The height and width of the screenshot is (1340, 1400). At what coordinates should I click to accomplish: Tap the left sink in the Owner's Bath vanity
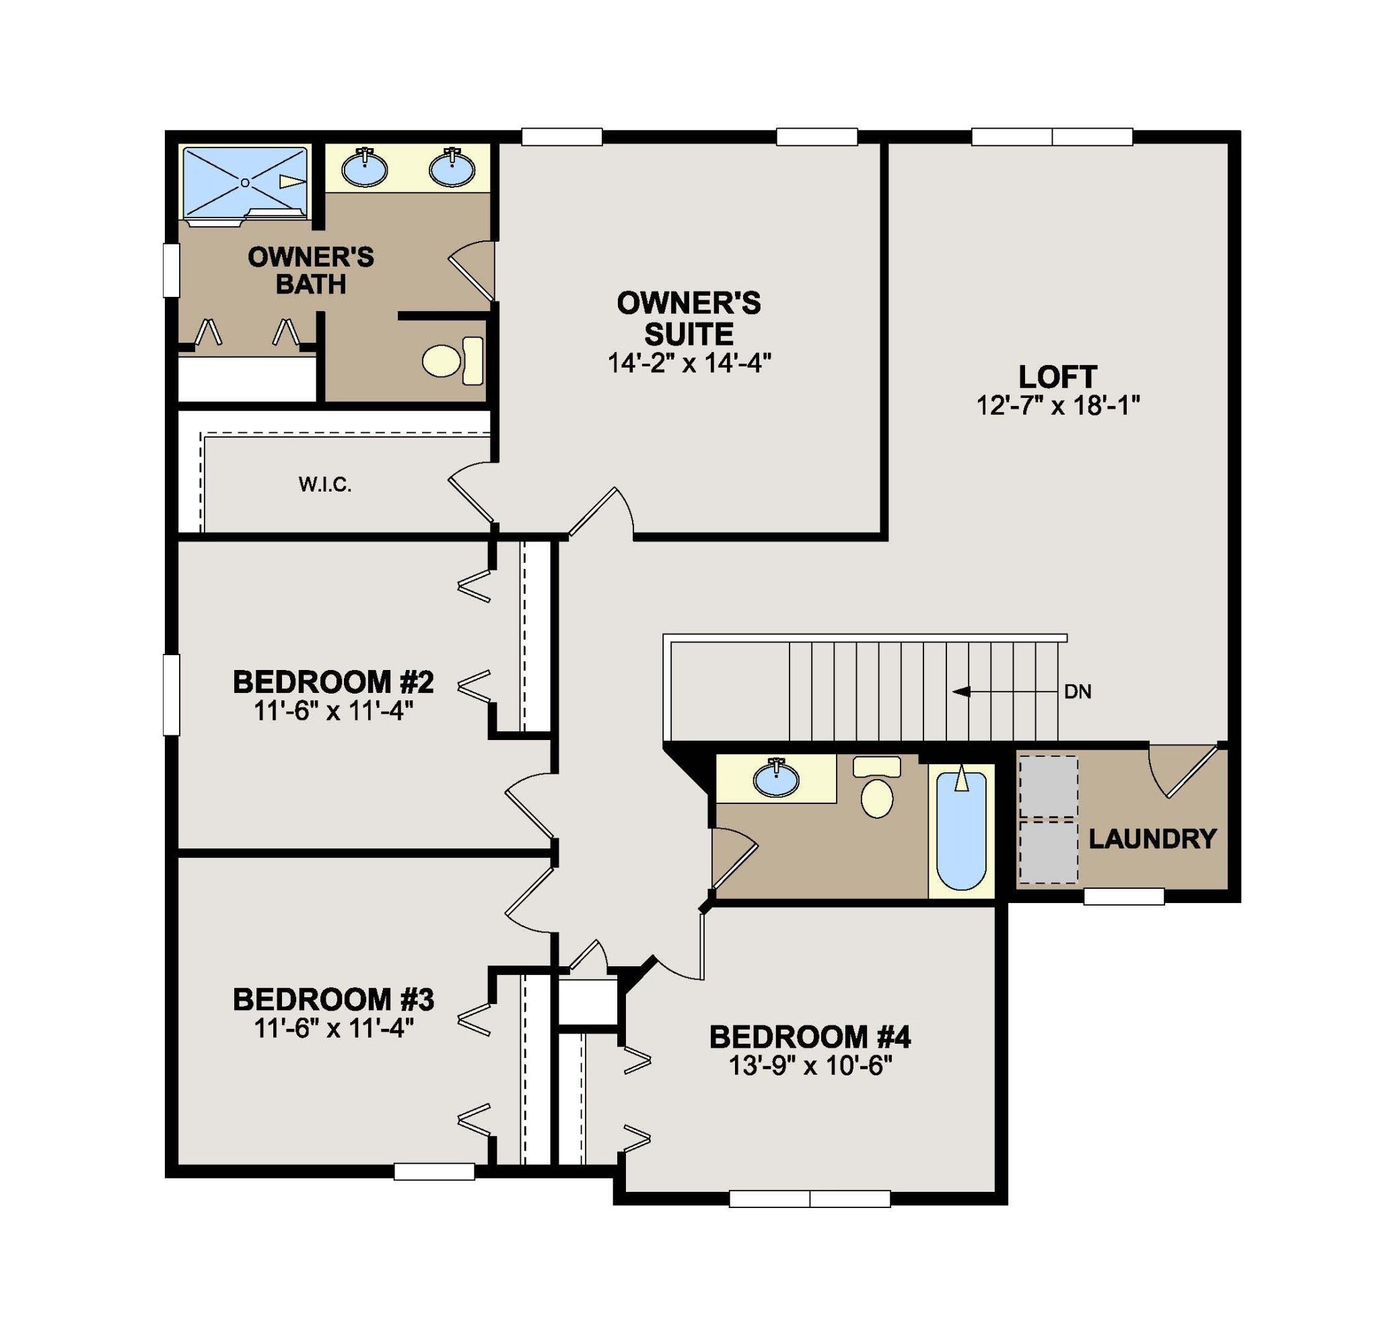(x=364, y=169)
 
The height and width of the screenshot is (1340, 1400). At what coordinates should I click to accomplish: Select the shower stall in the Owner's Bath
(x=244, y=183)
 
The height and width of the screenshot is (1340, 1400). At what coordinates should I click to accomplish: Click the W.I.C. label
(x=325, y=485)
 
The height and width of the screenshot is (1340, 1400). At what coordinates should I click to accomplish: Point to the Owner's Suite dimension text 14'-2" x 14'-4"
(x=689, y=364)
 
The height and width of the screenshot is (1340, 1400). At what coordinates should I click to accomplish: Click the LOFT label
(x=1057, y=376)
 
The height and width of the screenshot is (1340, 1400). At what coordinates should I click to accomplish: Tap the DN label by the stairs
(x=1078, y=692)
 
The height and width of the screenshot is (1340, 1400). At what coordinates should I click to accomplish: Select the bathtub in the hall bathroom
(x=961, y=828)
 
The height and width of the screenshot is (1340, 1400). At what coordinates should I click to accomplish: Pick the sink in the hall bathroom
(x=776, y=779)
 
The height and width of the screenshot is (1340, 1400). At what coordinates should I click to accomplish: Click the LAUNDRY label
(x=1152, y=838)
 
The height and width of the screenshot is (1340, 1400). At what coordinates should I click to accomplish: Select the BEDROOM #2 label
(x=332, y=682)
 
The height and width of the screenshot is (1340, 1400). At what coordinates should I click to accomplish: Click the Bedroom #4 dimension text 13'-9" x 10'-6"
(x=810, y=1067)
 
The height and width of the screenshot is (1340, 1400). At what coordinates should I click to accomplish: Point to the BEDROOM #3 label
(x=332, y=1000)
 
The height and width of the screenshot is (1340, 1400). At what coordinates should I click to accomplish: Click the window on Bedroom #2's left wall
(x=172, y=695)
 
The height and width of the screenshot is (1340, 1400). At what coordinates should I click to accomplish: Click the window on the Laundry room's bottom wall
(x=1124, y=896)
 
